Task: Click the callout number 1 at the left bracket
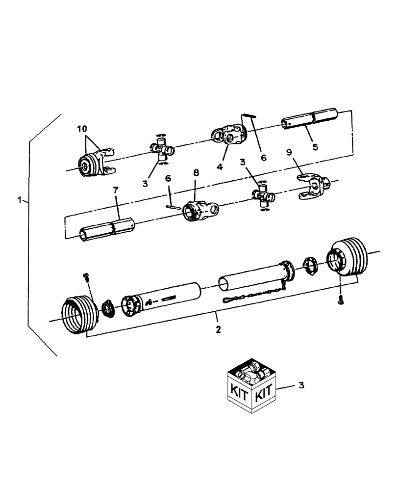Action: (19, 200)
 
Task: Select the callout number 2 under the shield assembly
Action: (218, 329)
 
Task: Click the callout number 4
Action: (220, 167)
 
